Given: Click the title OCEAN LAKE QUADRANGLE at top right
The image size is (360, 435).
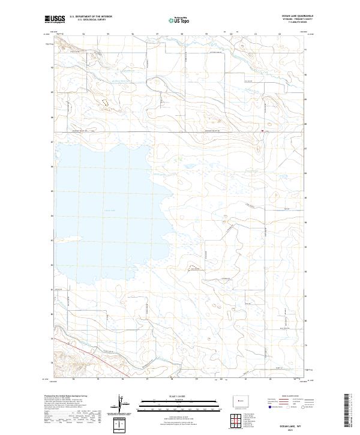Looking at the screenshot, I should (298, 16).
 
